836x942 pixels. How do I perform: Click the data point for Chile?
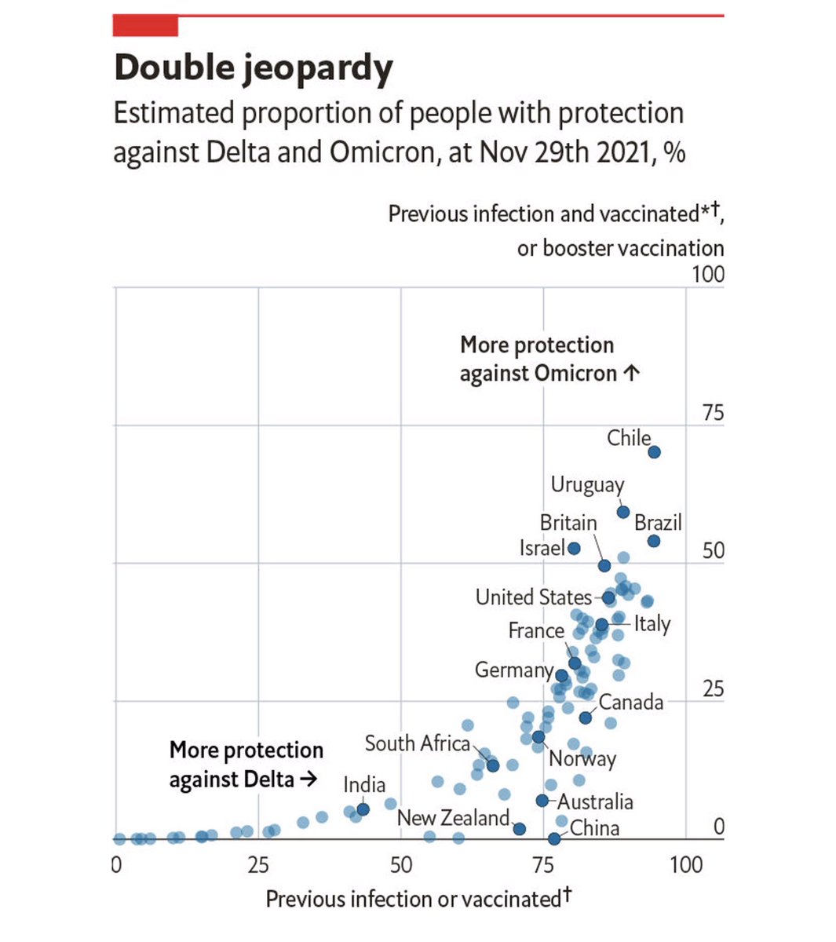[654, 452]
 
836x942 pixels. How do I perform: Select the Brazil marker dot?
[654, 542]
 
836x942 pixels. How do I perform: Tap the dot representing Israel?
[574, 549]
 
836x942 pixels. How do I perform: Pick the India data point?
[363, 809]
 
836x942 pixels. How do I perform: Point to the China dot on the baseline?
[554, 838]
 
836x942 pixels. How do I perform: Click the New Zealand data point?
[519, 829]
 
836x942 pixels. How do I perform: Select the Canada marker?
[586, 717]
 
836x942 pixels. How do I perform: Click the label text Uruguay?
[587, 485]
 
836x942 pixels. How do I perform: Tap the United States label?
[533, 597]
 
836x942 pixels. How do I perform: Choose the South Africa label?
[417, 743]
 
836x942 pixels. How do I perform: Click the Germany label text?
[513, 670]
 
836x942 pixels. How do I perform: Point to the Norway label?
[582, 759]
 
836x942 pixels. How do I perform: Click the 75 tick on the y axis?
[713, 414]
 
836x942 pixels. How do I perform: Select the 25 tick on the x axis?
[258, 866]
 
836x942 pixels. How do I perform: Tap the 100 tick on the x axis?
[685, 866]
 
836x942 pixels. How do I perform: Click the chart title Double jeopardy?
[254, 68]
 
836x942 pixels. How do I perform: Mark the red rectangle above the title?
[145, 26]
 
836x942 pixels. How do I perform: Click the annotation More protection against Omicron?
[549, 359]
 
